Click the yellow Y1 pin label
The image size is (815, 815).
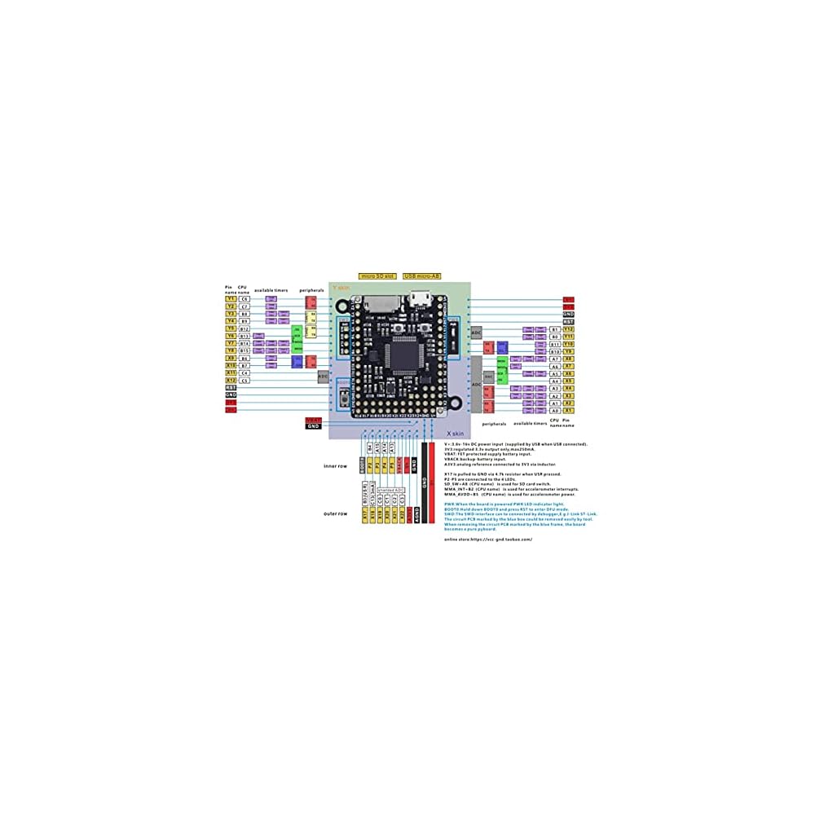click(x=231, y=299)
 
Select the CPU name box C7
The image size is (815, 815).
click(x=244, y=306)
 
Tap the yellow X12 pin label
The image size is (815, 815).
click(x=231, y=381)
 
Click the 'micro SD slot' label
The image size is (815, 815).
click(x=377, y=277)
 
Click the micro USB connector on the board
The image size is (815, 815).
click(x=421, y=300)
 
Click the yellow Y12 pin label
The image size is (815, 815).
click(x=569, y=329)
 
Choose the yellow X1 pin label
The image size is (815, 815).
click(x=569, y=411)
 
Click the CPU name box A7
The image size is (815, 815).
click(x=555, y=359)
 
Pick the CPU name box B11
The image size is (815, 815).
click(x=555, y=344)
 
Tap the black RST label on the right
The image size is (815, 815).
click(x=569, y=321)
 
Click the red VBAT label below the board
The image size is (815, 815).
click(x=314, y=420)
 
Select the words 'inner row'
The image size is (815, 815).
click(x=336, y=465)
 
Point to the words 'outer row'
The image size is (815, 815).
click(x=336, y=513)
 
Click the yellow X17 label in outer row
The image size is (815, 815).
click(x=364, y=515)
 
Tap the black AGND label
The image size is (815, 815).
click(x=415, y=515)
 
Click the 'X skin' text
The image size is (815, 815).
click(x=455, y=434)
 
